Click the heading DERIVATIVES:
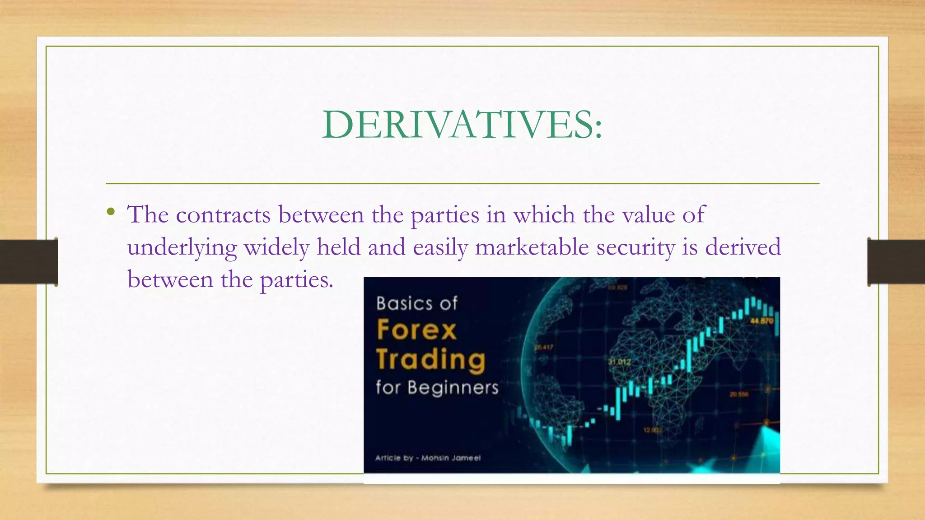pos(462,125)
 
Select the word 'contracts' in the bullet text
pos(223,215)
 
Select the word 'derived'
pos(743,247)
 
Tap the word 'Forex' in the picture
pos(416,330)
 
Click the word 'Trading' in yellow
pos(431,360)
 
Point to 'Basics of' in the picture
pos(417,303)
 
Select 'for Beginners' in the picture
pos(437,388)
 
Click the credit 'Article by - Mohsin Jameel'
pos(428,458)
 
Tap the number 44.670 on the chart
pos(762,321)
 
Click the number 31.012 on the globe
pos(619,362)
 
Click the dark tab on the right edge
pos(896,261)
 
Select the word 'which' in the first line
pos(544,215)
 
